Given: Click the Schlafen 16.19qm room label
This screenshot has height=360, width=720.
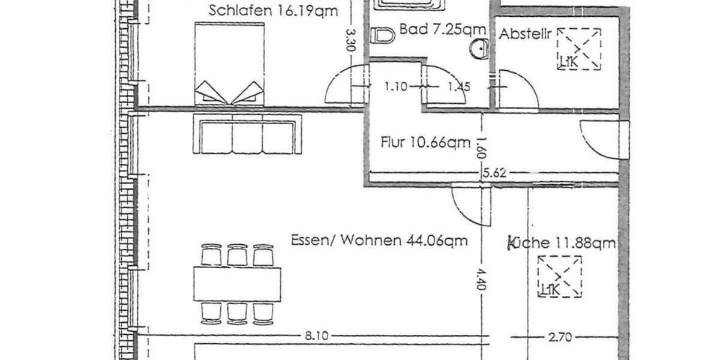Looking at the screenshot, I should (x=273, y=10).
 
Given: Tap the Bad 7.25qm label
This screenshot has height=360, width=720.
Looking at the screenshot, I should (x=442, y=29).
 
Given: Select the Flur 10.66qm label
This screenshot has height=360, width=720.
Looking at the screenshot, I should (x=425, y=143).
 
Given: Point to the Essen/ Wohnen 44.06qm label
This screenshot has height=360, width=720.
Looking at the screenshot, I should (x=379, y=241).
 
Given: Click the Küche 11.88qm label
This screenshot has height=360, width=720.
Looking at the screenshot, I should (x=562, y=242).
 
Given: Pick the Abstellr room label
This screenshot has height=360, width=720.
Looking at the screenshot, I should (x=526, y=34).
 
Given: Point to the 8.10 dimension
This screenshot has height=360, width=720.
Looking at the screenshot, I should (x=317, y=337).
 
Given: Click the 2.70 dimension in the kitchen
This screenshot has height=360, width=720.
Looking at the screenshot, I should (x=560, y=337).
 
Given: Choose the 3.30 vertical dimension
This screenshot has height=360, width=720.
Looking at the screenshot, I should (x=352, y=40).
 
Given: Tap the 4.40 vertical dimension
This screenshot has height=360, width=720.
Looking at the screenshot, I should (x=479, y=279).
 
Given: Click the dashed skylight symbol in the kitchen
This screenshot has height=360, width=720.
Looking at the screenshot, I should (x=560, y=276).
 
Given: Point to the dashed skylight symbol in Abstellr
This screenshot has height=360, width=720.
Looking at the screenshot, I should (x=579, y=49).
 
